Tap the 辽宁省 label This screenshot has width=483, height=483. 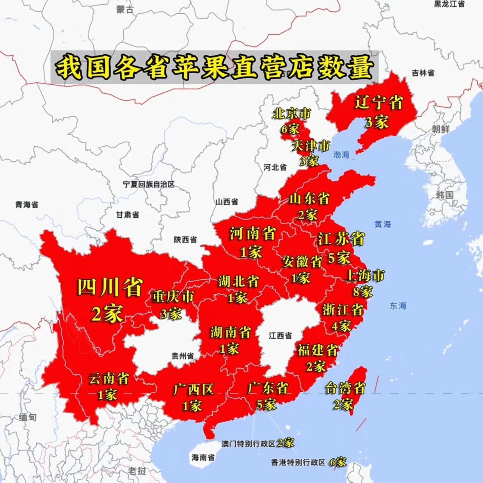click(x=378, y=103)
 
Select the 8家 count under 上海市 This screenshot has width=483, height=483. click(x=362, y=291)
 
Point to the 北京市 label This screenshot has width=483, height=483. click(x=292, y=114)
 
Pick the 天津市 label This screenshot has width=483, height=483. click(x=311, y=146)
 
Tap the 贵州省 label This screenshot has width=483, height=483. click(x=183, y=356)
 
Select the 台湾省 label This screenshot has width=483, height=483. click(x=345, y=388)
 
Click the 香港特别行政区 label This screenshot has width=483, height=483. click(x=298, y=463)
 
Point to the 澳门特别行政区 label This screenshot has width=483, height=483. click(x=249, y=444)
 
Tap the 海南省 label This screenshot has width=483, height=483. click(x=203, y=458)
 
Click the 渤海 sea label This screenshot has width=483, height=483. click(x=341, y=155)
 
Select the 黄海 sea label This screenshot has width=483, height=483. click(x=382, y=224)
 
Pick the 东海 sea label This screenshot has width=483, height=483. click(x=398, y=306)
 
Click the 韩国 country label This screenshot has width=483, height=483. click(x=445, y=195)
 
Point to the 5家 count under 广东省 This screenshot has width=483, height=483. click(x=266, y=405)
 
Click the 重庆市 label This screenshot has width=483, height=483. click(x=173, y=297)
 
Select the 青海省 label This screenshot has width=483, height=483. click(x=27, y=204)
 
